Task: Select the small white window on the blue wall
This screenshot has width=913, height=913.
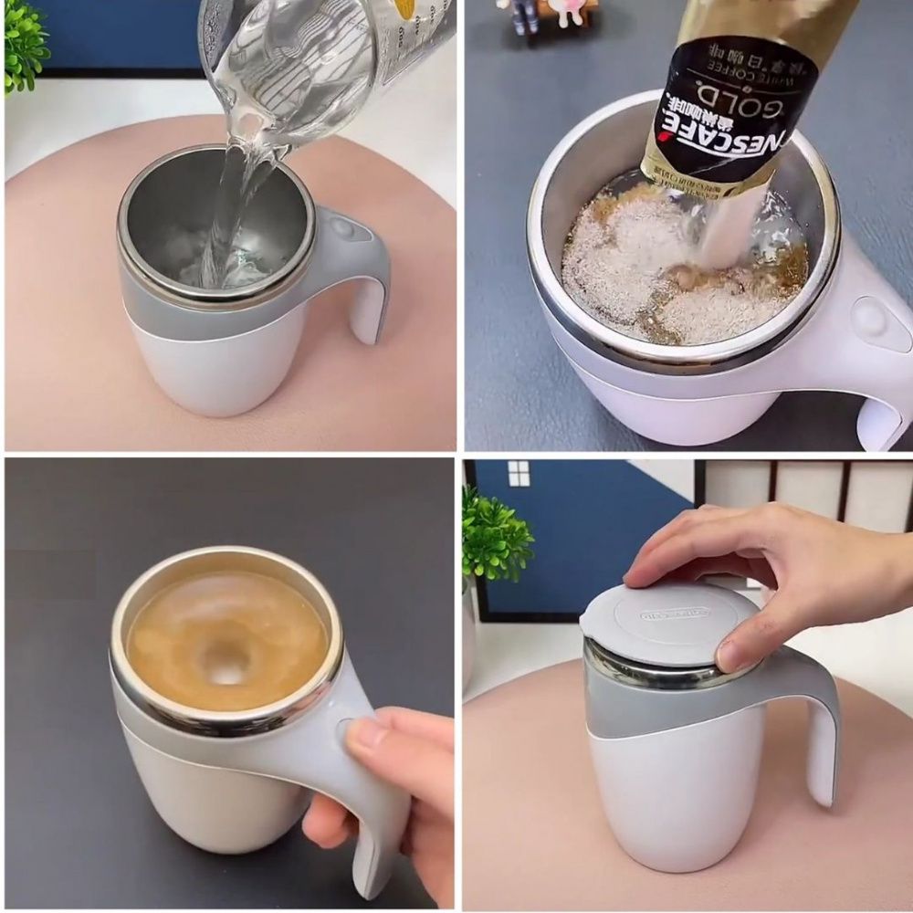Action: (x=519, y=473)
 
